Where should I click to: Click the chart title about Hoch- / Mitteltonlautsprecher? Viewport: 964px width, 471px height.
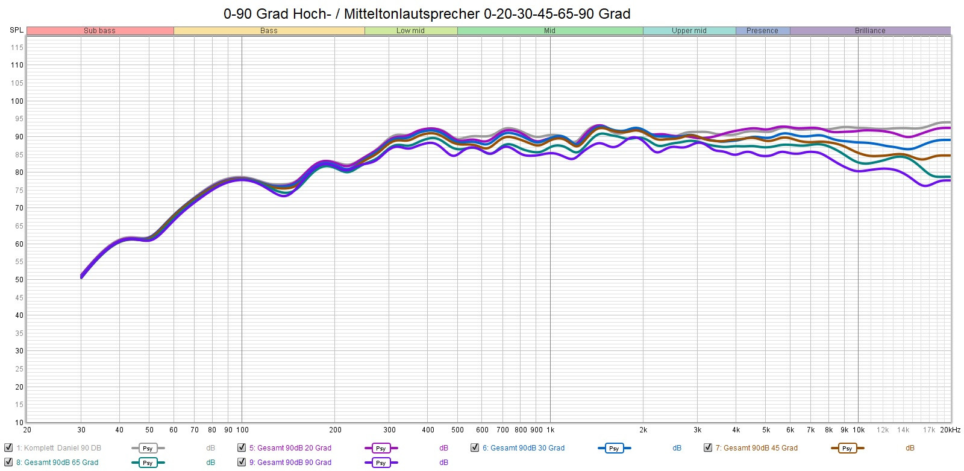pyautogui.click(x=427, y=14)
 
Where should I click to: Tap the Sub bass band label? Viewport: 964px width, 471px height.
pyautogui.click(x=99, y=31)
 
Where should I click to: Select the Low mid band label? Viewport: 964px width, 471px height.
pyautogui.click(x=410, y=31)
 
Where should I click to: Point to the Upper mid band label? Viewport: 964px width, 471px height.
pyautogui.click(x=689, y=31)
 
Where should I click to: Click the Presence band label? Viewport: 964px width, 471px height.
pyautogui.click(x=762, y=31)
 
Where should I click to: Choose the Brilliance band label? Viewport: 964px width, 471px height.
pyautogui.click(x=869, y=31)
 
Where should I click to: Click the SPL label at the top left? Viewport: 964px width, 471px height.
pyautogui.click(x=16, y=30)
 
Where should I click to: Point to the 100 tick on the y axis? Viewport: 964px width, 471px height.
pyautogui.click(x=17, y=101)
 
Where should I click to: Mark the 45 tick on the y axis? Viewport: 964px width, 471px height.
pyautogui.click(x=19, y=298)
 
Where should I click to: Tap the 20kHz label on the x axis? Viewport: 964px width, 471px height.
pyautogui.click(x=950, y=430)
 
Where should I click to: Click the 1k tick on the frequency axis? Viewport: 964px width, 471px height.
pyautogui.click(x=550, y=430)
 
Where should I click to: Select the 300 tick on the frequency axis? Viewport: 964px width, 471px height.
pyautogui.click(x=390, y=430)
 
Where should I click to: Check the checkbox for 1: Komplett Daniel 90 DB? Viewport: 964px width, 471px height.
pyautogui.click(x=8, y=447)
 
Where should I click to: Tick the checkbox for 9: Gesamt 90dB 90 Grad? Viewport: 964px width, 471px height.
pyautogui.click(x=242, y=463)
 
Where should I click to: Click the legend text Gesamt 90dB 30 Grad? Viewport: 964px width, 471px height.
pyautogui.click(x=523, y=448)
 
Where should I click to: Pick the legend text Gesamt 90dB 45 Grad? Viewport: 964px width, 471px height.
pyautogui.click(x=756, y=448)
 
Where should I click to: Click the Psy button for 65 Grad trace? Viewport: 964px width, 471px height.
pyautogui.click(x=148, y=463)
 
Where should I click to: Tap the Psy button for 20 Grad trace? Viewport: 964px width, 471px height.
pyautogui.click(x=381, y=448)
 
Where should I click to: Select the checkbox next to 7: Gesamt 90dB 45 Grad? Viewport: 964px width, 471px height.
pyautogui.click(x=708, y=447)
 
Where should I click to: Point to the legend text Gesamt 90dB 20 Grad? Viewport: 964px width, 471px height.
pyautogui.click(x=290, y=448)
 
